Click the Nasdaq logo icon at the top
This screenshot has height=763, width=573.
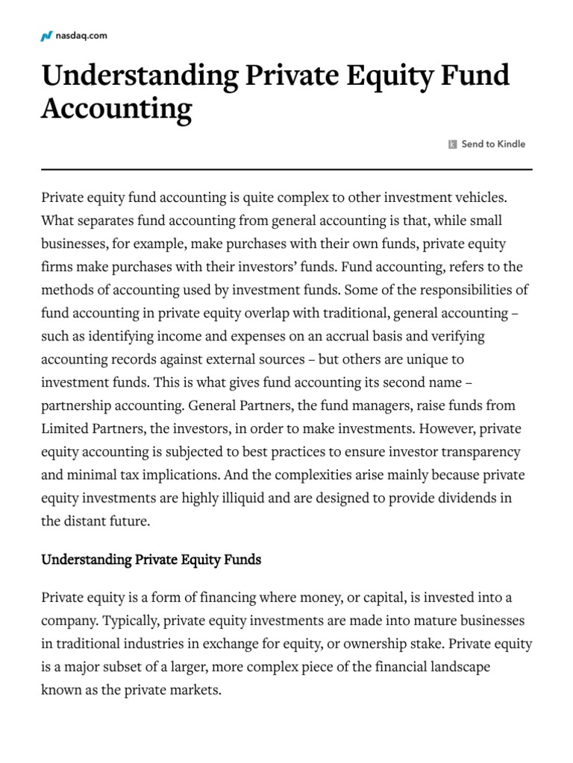(46, 36)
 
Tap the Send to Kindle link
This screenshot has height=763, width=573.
(492, 144)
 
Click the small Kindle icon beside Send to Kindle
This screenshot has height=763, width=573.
(452, 145)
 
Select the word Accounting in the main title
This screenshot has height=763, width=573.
(116, 109)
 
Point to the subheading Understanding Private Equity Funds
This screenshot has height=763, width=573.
(151, 560)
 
